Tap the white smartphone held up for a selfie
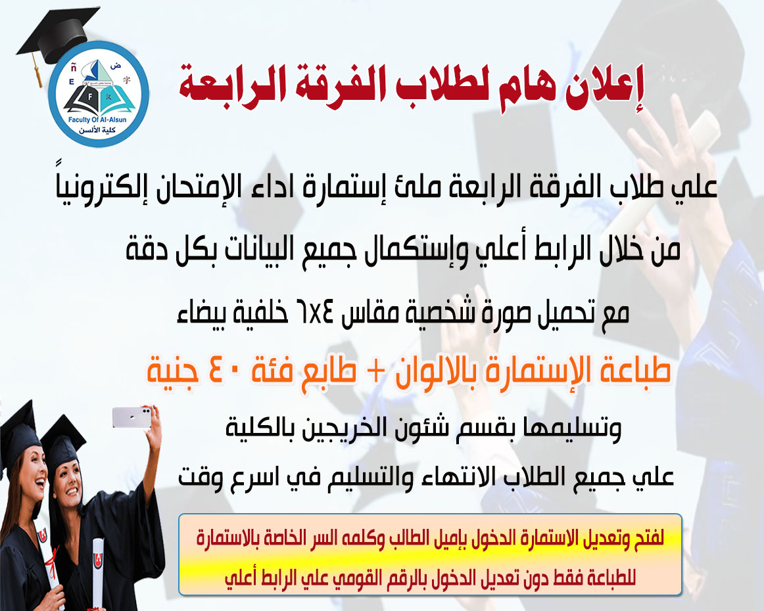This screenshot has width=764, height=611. coord(131,417)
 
